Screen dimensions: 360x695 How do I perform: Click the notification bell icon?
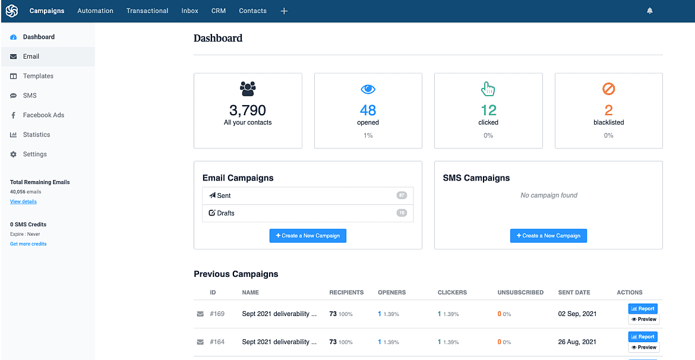point(649,11)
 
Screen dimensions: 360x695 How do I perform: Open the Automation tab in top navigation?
point(95,11)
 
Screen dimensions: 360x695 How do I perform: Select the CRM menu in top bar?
point(219,11)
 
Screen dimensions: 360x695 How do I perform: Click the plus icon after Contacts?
point(284,11)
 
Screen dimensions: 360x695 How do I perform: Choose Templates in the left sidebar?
point(38,76)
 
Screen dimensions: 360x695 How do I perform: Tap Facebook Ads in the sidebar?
point(43,115)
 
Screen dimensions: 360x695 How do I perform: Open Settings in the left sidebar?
point(34,154)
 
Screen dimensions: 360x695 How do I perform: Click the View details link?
point(23,202)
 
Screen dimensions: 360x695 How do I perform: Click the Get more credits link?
point(28,244)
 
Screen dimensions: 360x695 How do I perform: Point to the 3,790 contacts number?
point(248,110)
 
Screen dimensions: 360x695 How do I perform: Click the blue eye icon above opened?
point(368,89)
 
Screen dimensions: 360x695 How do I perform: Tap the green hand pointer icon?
point(488,89)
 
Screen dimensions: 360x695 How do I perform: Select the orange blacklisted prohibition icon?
point(608,89)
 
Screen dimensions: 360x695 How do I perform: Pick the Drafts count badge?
point(402,213)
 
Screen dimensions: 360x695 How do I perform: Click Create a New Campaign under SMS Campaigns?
point(548,236)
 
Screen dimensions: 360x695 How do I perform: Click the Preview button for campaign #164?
point(643,348)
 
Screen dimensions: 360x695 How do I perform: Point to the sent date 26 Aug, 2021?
point(577,342)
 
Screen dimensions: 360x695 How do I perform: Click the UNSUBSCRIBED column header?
point(520,292)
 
